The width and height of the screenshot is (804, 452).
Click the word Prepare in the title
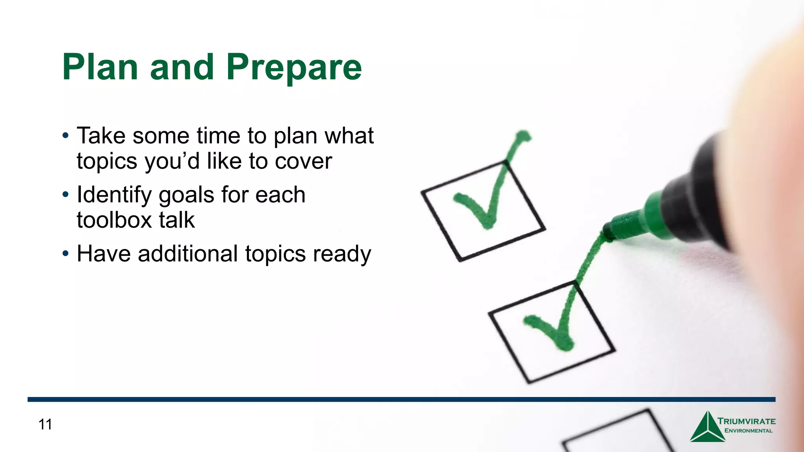click(x=294, y=67)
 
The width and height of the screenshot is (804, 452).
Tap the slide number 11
click(x=45, y=425)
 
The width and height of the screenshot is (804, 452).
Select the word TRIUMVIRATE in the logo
click(x=746, y=421)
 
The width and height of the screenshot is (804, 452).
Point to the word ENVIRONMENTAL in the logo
click(x=748, y=431)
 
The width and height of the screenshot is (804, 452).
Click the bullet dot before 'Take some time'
click(x=66, y=136)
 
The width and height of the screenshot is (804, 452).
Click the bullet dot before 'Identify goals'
click(x=66, y=195)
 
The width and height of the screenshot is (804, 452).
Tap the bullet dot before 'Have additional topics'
click(x=66, y=253)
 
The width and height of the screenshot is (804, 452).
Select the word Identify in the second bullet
click(x=114, y=195)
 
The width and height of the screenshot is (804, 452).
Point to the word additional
click(x=188, y=253)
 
